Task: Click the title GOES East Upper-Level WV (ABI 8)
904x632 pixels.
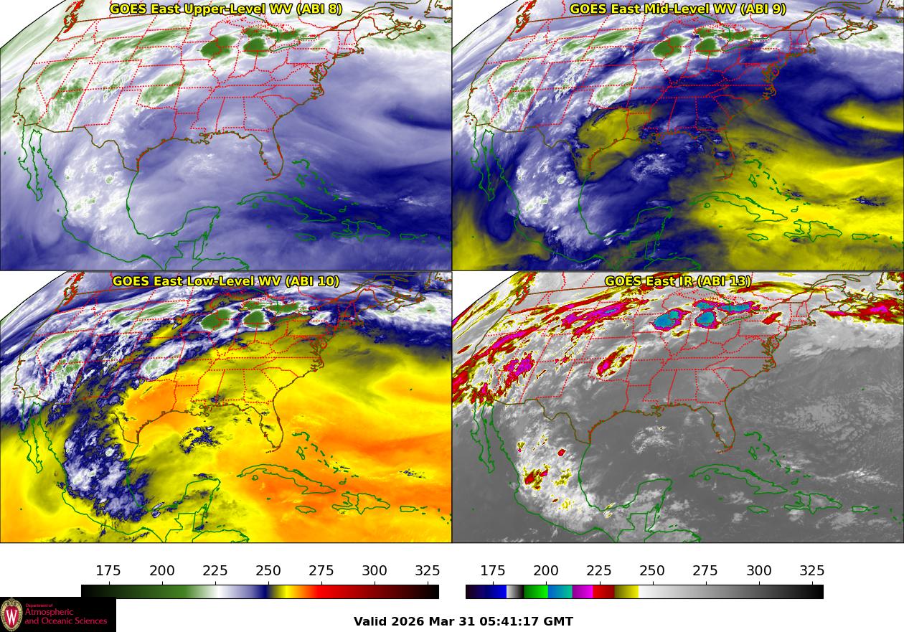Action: coord(226,9)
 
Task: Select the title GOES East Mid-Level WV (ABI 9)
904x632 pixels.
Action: coord(678,9)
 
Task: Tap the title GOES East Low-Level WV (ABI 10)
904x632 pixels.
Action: coord(226,281)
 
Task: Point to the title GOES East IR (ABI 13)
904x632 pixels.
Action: coord(678,281)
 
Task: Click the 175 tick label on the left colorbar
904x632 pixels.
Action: coord(108,571)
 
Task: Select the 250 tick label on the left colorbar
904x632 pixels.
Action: coord(268,571)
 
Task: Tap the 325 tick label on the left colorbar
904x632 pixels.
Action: coord(428,571)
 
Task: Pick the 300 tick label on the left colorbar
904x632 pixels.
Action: coord(375,571)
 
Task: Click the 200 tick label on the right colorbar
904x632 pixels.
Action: coord(546,571)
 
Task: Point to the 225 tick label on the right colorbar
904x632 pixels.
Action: coord(599,571)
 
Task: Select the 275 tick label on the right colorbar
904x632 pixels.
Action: coord(705,571)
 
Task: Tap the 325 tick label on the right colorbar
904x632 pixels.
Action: coord(812,571)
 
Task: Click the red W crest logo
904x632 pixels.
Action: coord(11,615)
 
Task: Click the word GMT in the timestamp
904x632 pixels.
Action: coord(560,621)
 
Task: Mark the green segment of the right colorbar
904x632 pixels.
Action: coord(535,592)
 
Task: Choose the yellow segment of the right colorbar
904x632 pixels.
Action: coord(626,592)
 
